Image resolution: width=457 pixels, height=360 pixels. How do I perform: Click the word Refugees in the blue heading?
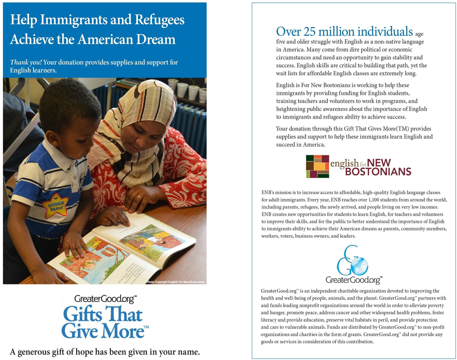[159, 20]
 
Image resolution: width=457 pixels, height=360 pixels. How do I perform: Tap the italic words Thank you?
[26, 62]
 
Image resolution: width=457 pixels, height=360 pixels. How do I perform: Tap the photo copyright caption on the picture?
[176, 282]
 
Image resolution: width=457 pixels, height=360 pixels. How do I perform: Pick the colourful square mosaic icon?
[317, 167]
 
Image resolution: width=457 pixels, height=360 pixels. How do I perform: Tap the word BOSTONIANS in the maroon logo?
[378, 172]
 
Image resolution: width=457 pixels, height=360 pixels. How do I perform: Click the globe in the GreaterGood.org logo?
[359, 266]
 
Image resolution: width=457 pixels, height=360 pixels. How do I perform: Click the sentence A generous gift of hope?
[105, 352]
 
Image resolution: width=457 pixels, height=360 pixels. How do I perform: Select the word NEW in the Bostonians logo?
[379, 163]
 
